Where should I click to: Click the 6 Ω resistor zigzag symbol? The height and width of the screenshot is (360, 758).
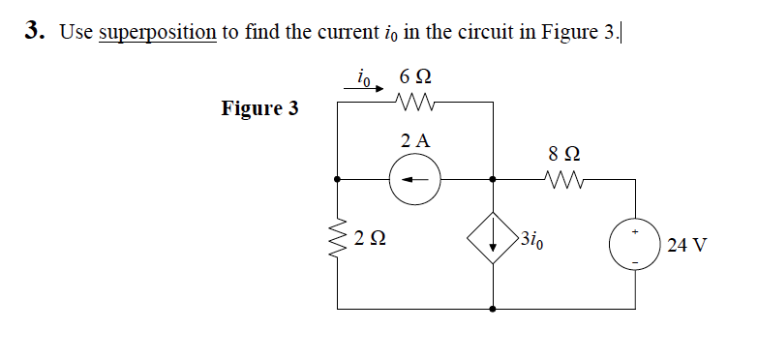click(x=416, y=102)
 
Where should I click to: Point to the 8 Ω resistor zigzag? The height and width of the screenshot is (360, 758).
click(x=564, y=179)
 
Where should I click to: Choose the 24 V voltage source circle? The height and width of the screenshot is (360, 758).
click(x=634, y=243)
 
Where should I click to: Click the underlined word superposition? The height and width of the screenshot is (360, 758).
click(x=157, y=31)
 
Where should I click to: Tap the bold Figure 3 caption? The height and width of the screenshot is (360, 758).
click(x=259, y=107)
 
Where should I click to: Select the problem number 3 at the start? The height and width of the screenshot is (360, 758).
click(x=34, y=31)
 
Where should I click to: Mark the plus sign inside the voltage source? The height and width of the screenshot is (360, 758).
click(x=634, y=231)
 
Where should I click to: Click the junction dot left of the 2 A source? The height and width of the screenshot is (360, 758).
click(x=338, y=179)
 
